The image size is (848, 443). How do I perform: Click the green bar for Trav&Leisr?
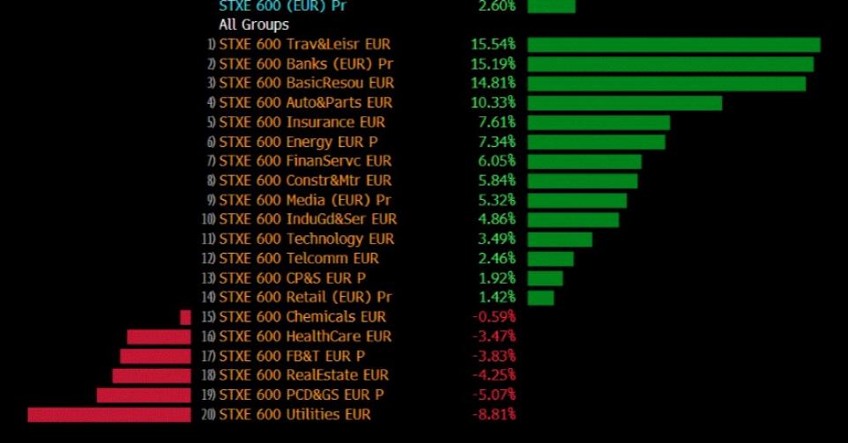tap(673, 45)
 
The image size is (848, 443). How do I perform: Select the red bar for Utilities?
tap(109, 415)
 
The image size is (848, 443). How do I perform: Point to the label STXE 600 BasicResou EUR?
tap(306, 84)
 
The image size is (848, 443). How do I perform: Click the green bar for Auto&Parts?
tap(624, 103)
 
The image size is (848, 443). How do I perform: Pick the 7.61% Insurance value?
tap(496, 122)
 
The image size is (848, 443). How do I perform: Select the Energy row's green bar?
tap(596, 142)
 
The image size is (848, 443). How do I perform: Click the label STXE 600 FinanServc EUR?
tap(304, 161)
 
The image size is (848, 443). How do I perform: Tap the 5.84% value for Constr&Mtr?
tap(496, 181)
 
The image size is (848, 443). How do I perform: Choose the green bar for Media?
tap(576, 200)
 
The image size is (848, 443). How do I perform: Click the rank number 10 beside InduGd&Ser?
tap(209, 219)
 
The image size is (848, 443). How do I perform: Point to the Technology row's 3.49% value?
tap(496, 239)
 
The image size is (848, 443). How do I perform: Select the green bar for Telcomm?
tap(550, 258)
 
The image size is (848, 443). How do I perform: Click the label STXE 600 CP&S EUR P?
tap(292, 277)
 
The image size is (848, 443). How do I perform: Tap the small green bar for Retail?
tap(540, 298)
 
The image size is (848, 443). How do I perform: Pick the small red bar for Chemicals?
tap(185, 317)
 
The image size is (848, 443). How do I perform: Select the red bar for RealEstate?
tap(151, 375)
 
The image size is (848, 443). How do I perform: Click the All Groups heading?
tap(254, 25)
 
